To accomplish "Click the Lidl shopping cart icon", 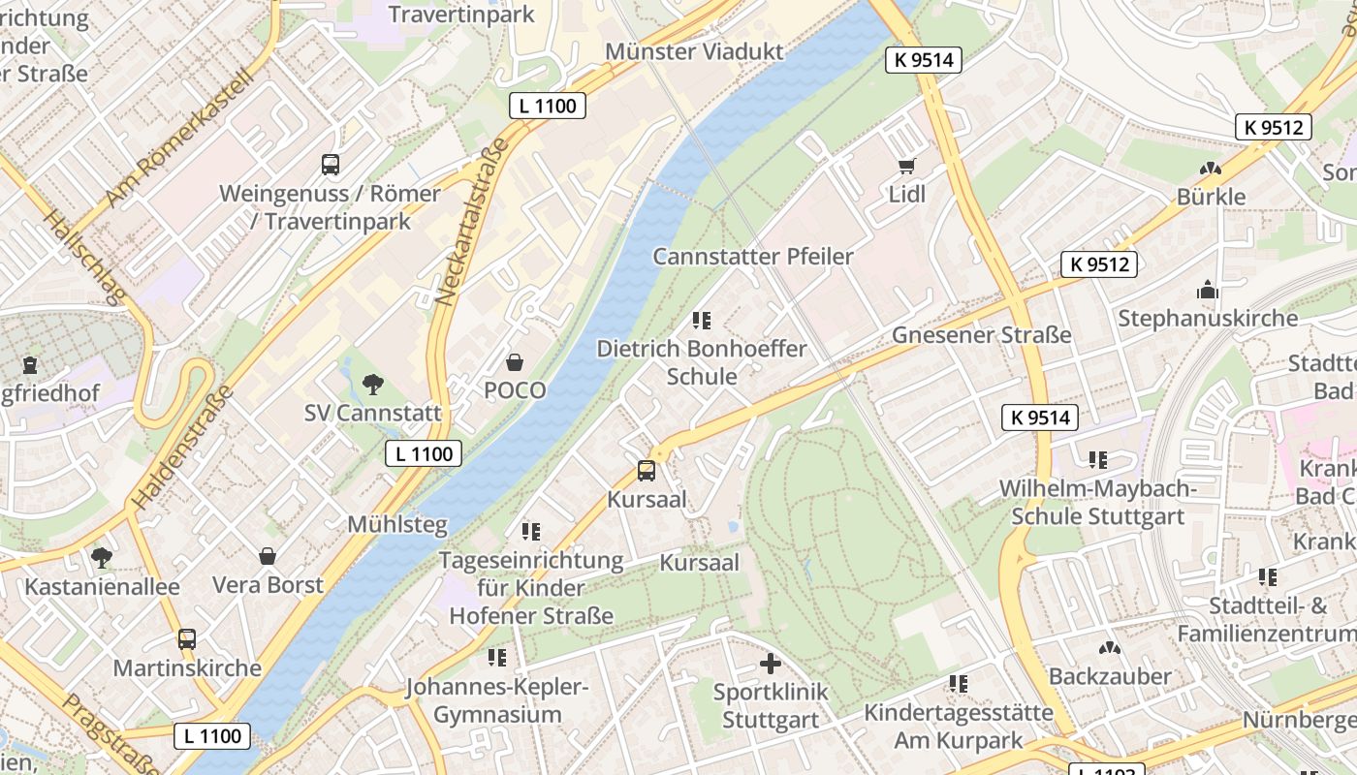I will tap(907, 166).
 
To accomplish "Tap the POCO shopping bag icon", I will tap(515, 362).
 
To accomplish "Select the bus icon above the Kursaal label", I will tap(647, 471).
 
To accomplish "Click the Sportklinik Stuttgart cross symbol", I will tap(770, 664).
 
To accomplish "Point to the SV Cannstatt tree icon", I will tap(373, 385).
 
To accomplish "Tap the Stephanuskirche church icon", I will tap(1207, 290).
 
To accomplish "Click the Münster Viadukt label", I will tap(693, 50).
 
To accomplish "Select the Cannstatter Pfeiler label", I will tap(752, 257).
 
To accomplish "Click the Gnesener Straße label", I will tap(981, 335).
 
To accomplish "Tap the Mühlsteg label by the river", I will tap(397, 525).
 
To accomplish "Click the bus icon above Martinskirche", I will tap(187, 639).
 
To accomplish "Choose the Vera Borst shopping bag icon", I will tap(268, 556).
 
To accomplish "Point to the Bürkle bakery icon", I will tap(1210, 169).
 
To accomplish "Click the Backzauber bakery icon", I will tap(1110, 647).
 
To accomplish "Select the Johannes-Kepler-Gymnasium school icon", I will tap(497, 658).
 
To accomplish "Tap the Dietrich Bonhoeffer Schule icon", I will tap(702, 320).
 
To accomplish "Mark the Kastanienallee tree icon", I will tap(101, 557).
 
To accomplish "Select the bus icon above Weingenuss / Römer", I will tap(331, 164).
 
